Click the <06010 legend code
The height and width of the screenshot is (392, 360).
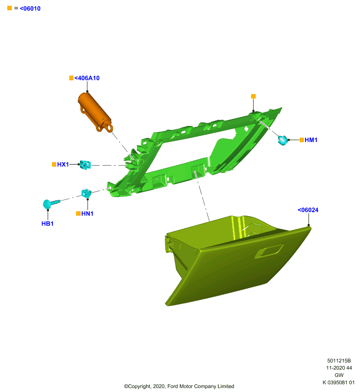(30, 8)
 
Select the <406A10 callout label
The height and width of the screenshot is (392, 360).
(87, 78)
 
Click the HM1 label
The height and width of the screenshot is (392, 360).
(311, 140)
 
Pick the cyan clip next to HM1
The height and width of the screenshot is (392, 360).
(283, 140)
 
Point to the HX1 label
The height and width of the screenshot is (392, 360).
(63, 164)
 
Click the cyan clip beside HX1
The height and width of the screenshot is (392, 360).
(85, 165)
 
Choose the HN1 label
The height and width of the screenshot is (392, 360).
(87, 214)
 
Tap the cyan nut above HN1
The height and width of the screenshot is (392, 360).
(86, 193)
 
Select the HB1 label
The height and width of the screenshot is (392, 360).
(48, 223)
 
